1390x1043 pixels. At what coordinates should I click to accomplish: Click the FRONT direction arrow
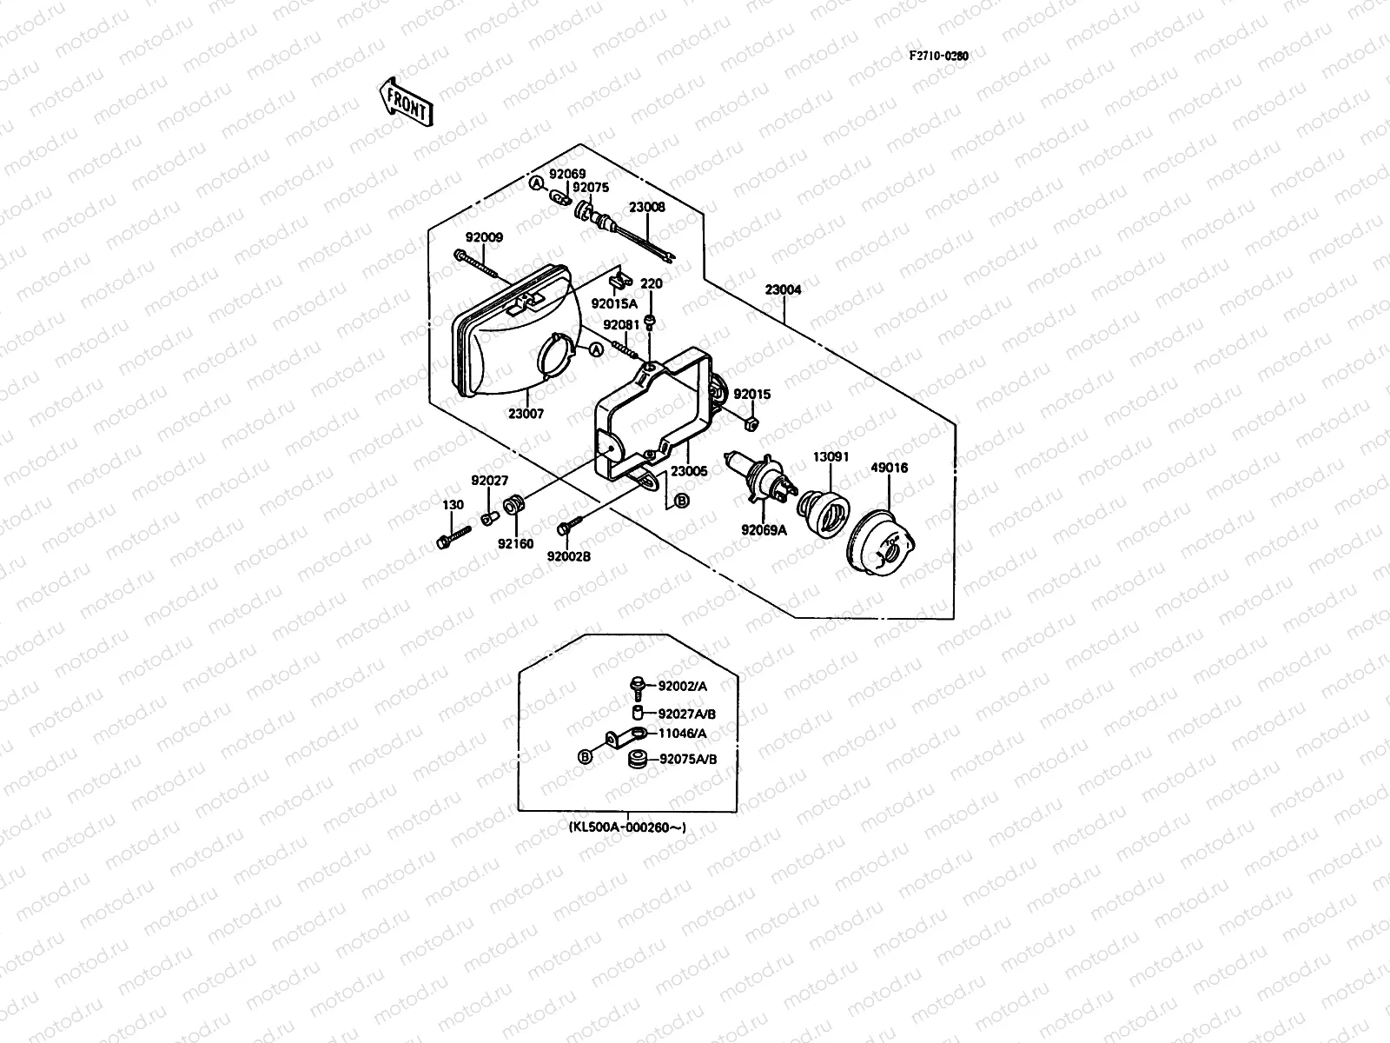(x=406, y=103)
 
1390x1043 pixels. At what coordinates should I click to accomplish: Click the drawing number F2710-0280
(x=938, y=56)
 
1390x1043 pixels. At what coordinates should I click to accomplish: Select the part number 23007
(x=526, y=414)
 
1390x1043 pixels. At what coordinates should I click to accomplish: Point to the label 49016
(x=889, y=468)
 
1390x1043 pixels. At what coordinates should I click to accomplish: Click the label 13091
(x=831, y=456)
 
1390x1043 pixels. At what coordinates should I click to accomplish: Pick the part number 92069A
(x=764, y=529)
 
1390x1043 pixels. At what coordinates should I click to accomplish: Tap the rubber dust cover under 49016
(x=881, y=543)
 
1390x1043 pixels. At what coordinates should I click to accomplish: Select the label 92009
(x=483, y=237)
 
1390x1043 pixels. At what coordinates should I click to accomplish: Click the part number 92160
(x=514, y=544)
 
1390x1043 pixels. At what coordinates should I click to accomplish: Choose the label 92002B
(x=569, y=556)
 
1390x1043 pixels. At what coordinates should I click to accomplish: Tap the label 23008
(x=647, y=208)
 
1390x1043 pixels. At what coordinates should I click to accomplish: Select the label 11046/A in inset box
(x=683, y=734)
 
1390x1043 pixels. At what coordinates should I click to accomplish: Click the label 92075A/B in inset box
(x=688, y=759)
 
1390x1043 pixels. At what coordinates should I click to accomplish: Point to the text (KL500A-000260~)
(x=628, y=827)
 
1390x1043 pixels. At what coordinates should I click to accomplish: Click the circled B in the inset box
(x=585, y=757)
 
